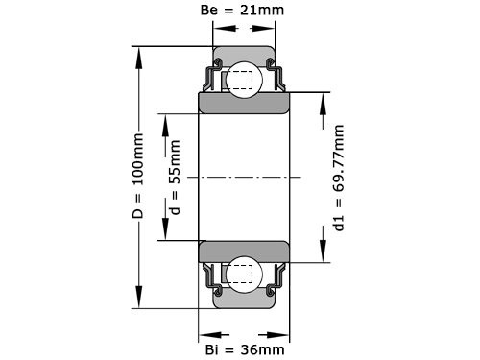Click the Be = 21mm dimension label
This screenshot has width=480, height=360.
(244, 12)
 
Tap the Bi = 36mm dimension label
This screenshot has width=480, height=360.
(245, 348)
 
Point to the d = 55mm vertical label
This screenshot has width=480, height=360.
(174, 178)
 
